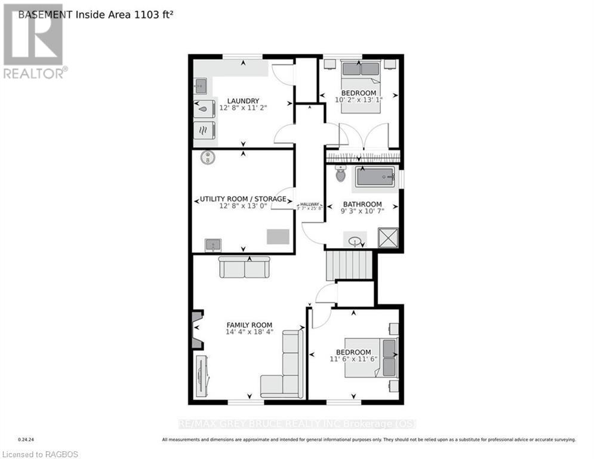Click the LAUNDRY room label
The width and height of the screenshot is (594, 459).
coord(242,100)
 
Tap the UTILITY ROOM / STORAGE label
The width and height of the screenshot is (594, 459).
coord(242,199)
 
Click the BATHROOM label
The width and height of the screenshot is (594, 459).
coord(362,204)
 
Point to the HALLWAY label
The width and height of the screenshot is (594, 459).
coord(310,204)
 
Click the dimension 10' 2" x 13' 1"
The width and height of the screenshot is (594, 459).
coord(358,100)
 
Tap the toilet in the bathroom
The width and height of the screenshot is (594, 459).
coord(340,174)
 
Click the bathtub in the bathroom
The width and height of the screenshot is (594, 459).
coord(375,178)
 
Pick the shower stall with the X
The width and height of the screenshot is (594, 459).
coord(388,238)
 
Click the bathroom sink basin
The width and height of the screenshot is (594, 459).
coord(356,241)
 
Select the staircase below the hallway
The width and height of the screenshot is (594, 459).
coord(349,265)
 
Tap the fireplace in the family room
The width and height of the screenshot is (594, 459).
coord(196,329)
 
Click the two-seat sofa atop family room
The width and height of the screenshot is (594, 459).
coord(245,267)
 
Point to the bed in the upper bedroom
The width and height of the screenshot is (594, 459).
coord(361,74)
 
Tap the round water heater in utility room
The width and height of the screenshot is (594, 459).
coord(207,157)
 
